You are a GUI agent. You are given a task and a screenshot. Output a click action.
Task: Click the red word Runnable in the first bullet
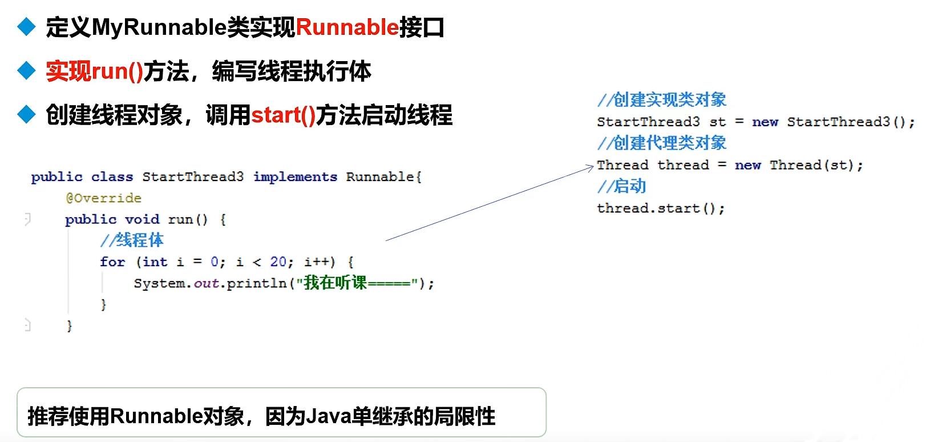click(x=347, y=27)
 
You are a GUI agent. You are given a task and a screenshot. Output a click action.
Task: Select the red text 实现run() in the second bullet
click(x=94, y=71)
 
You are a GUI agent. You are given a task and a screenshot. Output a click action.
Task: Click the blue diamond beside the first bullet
click(x=26, y=27)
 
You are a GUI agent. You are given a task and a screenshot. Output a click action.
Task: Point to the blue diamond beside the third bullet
click(x=26, y=115)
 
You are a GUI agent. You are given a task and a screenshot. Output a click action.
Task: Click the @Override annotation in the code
click(x=103, y=198)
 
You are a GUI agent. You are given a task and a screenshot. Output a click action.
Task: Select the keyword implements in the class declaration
click(x=295, y=177)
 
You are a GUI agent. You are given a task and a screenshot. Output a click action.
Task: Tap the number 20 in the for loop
click(x=278, y=262)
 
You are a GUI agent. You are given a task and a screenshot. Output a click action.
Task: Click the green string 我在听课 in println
click(x=335, y=283)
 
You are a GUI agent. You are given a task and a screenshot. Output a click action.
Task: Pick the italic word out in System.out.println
click(x=206, y=283)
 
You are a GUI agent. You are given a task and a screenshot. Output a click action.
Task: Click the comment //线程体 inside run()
click(x=132, y=240)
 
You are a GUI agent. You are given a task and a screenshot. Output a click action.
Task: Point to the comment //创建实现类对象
click(x=661, y=100)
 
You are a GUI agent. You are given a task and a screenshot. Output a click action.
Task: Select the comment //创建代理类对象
click(x=661, y=143)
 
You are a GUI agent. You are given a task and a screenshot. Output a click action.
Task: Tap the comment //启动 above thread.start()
click(x=621, y=186)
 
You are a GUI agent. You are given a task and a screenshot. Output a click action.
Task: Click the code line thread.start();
click(x=661, y=208)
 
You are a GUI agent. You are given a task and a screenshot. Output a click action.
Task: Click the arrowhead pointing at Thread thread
click(x=591, y=167)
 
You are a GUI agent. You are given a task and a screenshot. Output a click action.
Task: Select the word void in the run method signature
click(x=142, y=219)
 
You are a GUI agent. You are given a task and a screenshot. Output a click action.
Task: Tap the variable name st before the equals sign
click(x=717, y=122)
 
